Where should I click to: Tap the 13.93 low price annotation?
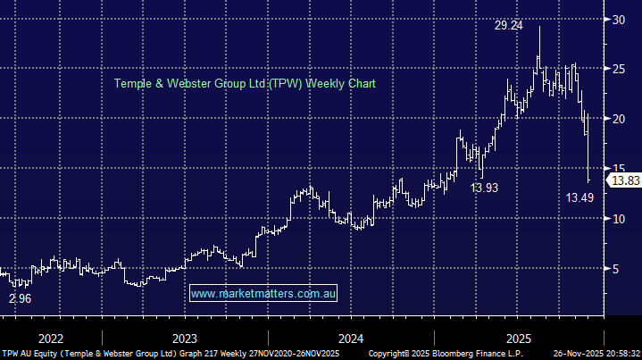click(x=485, y=188)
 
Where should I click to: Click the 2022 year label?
click(x=51, y=339)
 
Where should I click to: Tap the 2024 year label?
click(x=351, y=339)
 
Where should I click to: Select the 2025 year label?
click(x=519, y=339)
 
